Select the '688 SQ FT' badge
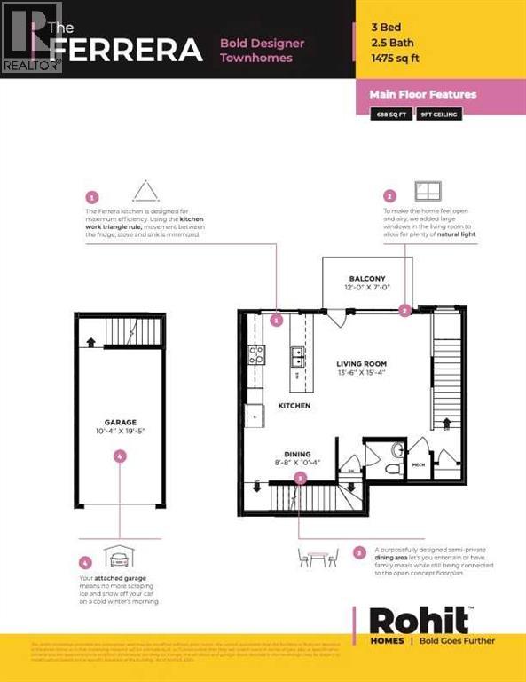click(x=394, y=115)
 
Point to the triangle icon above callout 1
click(x=144, y=191)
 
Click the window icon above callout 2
click(x=428, y=192)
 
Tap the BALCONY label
click(x=366, y=279)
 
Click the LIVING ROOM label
click(x=361, y=364)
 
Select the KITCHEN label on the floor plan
click(x=293, y=404)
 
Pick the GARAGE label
click(x=119, y=424)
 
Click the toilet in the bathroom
click(x=396, y=450)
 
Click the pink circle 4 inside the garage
click(x=120, y=456)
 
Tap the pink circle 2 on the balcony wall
click(x=404, y=311)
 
